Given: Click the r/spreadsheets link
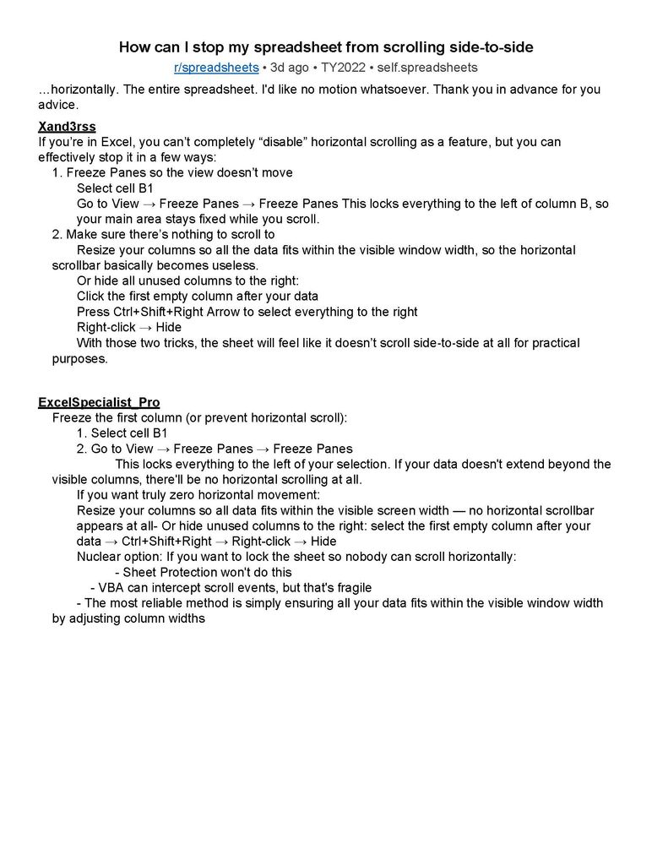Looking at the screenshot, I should [x=215, y=67].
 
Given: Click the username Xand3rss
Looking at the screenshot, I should [x=67, y=127].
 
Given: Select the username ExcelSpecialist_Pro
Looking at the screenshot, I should [x=99, y=402].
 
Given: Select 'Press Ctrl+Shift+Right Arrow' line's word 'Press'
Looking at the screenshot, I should [x=93, y=312].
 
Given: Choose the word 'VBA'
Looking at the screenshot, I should [x=112, y=587].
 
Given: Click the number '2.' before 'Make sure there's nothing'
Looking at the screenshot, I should [x=57, y=234].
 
